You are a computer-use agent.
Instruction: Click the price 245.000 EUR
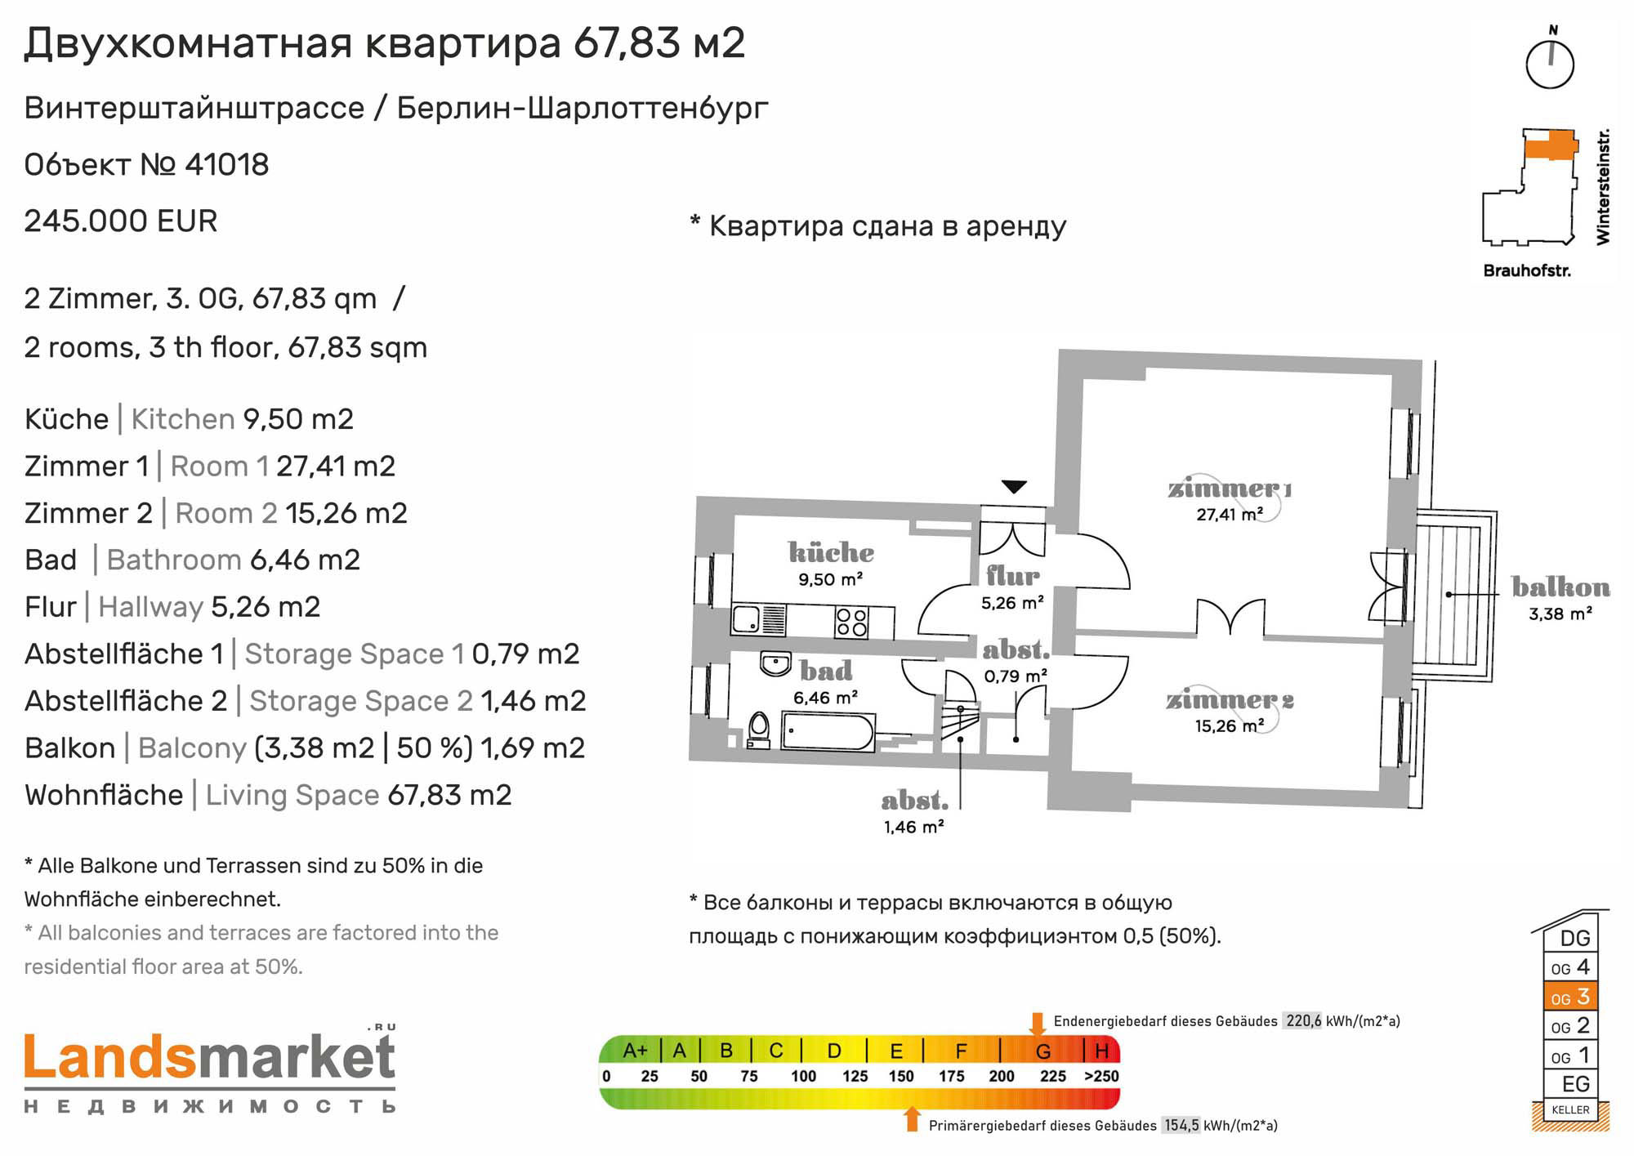pyautogui.click(x=121, y=221)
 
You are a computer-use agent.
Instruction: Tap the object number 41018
pyautogui.click(x=227, y=165)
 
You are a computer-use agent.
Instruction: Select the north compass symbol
pyautogui.click(x=1550, y=59)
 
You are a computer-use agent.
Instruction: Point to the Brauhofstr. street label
pyautogui.click(x=1527, y=270)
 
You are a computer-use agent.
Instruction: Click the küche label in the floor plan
pyautogui.click(x=831, y=552)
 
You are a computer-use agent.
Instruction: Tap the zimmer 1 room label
pyautogui.click(x=1230, y=489)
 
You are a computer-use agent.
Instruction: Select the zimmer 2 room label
pyautogui.click(x=1230, y=700)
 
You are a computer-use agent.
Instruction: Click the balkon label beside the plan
pyautogui.click(x=1560, y=587)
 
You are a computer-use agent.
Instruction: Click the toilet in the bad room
pyautogui.click(x=759, y=730)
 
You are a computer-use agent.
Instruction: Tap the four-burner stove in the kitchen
pyautogui.click(x=851, y=623)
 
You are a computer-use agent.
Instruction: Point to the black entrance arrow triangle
pyautogui.click(x=1014, y=487)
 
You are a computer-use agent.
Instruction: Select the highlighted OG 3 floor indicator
pyautogui.click(x=1569, y=997)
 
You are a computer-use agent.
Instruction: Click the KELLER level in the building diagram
pyautogui.click(x=1570, y=1109)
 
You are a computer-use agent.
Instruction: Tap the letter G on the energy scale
pyautogui.click(x=1043, y=1051)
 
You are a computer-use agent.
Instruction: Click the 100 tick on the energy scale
pyautogui.click(x=803, y=1077)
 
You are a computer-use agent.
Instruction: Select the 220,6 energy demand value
pyautogui.click(x=1303, y=1021)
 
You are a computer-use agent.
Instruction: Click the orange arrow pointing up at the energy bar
pyautogui.click(x=913, y=1119)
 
